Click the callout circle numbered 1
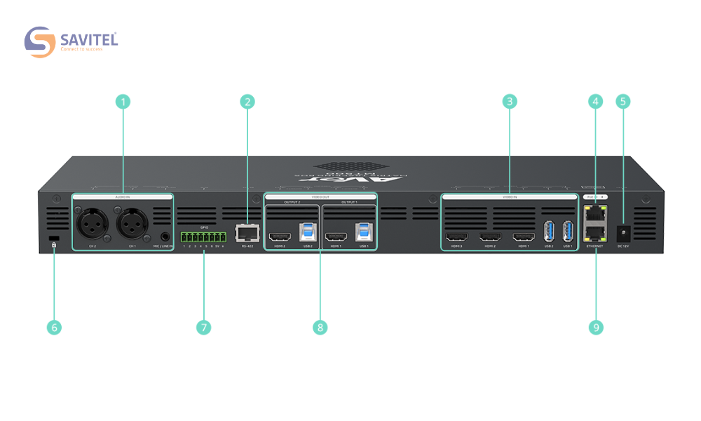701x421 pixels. point(123,102)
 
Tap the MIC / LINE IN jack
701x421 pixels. point(165,238)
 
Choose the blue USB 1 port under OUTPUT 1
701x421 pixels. point(363,234)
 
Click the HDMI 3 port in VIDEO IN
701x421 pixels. point(457,236)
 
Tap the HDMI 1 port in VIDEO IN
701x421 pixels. point(523,236)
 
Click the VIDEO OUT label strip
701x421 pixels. point(320,197)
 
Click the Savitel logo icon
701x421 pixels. point(39,42)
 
